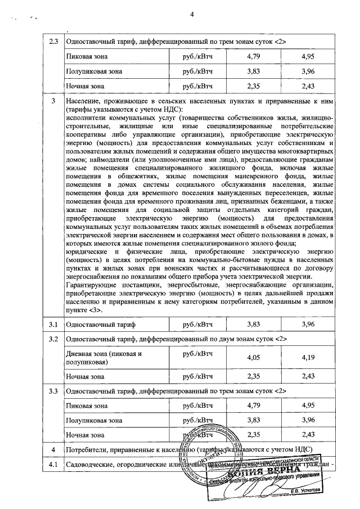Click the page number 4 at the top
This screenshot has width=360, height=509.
191,6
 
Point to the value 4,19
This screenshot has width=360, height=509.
309,358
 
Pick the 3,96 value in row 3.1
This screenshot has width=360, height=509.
309,325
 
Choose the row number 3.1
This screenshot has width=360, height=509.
54,325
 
